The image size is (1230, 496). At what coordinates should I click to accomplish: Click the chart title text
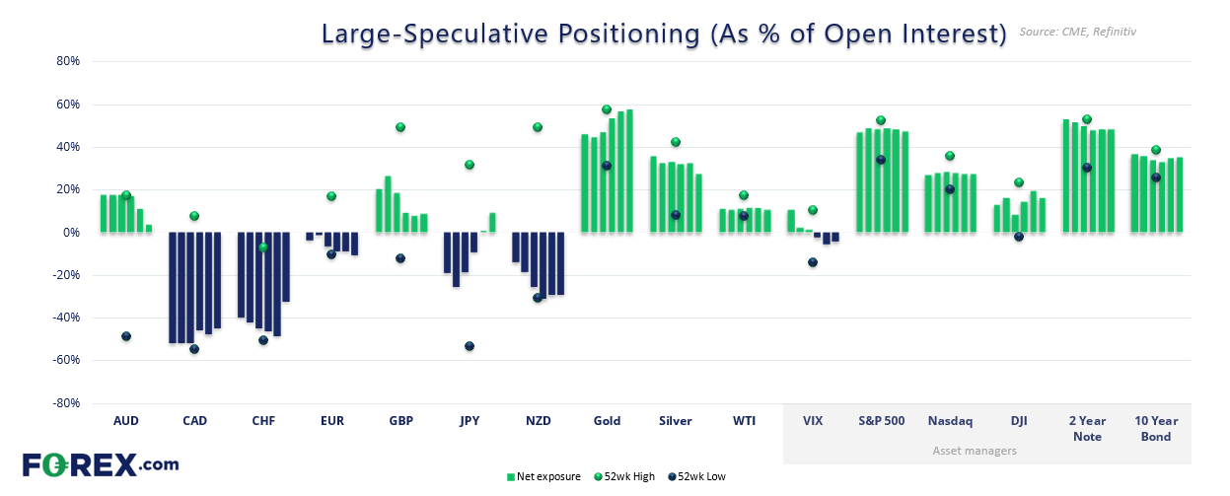[x=663, y=34]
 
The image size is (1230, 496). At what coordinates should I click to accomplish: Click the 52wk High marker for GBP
[x=400, y=127]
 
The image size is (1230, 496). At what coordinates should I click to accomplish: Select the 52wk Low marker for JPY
[x=470, y=346]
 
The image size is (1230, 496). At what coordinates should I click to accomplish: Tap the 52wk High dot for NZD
[x=538, y=127]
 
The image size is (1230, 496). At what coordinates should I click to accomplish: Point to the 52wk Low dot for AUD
[x=126, y=336]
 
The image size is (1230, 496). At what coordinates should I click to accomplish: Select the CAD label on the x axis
[x=194, y=421]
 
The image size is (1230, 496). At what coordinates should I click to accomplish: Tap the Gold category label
[x=607, y=421]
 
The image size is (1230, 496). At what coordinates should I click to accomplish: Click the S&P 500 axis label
[x=881, y=421]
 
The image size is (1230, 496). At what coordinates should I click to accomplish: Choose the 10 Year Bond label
[x=1156, y=428]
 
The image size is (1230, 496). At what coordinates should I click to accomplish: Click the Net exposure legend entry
[x=544, y=477]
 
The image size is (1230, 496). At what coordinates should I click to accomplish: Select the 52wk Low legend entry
[x=700, y=477]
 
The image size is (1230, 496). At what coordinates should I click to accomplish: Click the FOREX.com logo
[x=100, y=464]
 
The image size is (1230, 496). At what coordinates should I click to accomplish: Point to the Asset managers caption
[x=974, y=451]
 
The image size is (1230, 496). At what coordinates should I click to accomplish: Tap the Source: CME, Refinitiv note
[x=1079, y=33]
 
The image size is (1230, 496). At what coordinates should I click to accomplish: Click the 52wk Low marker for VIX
[x=813, y=262]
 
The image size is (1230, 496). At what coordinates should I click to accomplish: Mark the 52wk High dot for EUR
[x=332, y=196]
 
